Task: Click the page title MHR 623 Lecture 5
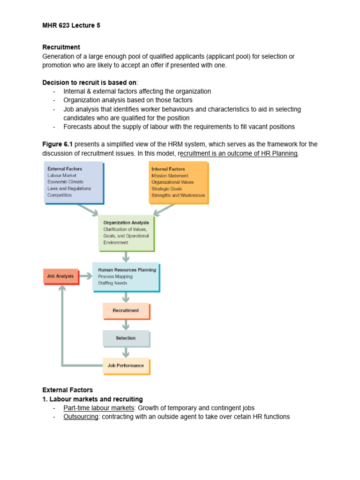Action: [x=71, y=26]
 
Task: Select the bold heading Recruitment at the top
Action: [x=61, y=47]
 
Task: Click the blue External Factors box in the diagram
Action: [x=73, y=182]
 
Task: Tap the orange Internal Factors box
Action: [x=178, y=182]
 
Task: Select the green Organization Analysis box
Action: [x=126, y=233]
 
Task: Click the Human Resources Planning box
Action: [x=126, y=277]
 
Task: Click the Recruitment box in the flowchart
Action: [x=126, y=310]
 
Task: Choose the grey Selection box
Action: [x=126, y=338]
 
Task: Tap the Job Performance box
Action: [x=126, y=366]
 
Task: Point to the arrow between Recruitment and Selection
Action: [x=126, y=324]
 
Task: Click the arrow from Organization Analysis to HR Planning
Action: [x=126, y=257]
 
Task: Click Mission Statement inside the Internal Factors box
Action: [x=170, y=176]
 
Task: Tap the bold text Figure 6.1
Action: [x=57, y=144]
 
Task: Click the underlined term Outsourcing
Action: [x=81, y=417]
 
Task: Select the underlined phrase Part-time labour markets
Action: [x=98, y=408]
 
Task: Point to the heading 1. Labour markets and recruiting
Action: [x=92, y=399]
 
